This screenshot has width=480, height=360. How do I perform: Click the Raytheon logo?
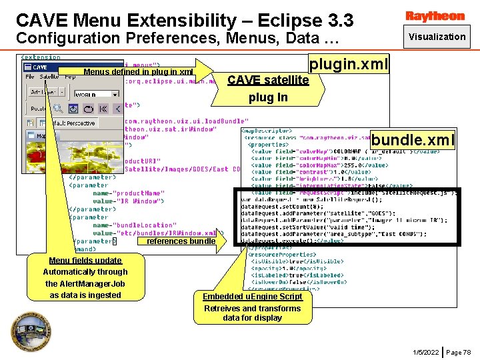coord(435,15)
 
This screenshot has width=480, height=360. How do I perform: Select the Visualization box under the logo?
coord(437,37)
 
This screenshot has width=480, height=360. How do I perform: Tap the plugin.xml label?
coord(348,65)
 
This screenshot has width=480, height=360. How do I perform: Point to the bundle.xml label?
coord(413,140)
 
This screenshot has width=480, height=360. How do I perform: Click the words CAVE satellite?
coord(268,80)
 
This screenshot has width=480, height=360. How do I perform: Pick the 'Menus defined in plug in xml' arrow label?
coord(138,72)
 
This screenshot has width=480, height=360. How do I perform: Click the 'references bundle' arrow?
coord(181,241)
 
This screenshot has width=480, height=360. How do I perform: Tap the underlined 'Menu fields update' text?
coord(85,261)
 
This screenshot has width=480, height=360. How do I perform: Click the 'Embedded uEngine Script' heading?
coord(253,297)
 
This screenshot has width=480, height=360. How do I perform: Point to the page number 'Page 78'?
coord(458,352)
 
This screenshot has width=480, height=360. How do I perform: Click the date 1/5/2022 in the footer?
coord(425,352)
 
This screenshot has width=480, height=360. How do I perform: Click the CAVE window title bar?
coord(40,67)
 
